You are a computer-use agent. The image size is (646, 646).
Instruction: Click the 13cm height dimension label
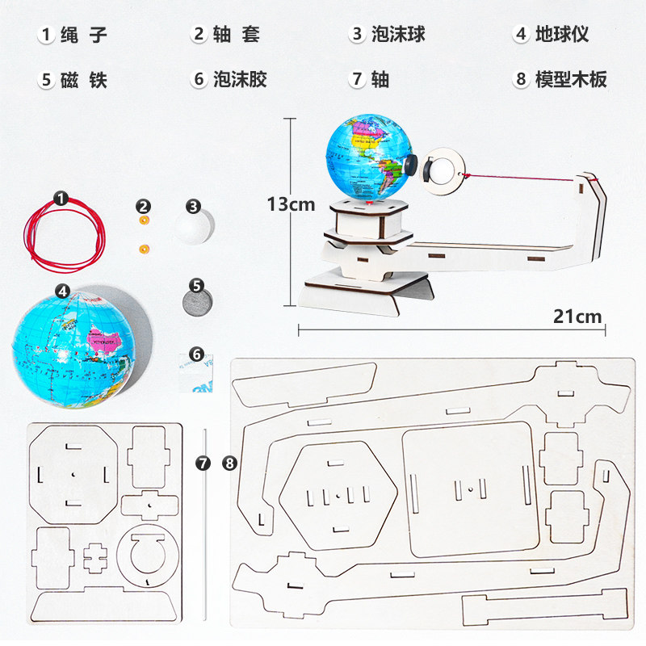(291, 204)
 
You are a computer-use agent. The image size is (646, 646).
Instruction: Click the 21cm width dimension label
(577, 316)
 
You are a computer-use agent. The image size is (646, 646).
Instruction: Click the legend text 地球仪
(563, 35)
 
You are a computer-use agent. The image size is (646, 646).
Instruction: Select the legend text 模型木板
(571, 79)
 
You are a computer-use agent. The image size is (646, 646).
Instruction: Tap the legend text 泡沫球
(398, 35)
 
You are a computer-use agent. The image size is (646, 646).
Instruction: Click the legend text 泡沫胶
(240, 79)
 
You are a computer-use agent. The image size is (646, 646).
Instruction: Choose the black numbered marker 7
(203, 463)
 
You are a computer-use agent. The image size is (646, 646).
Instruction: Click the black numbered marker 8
(230, 463)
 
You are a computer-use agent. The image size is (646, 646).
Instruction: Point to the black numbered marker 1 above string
(61, 197)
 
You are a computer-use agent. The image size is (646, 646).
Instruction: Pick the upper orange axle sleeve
(145, 220)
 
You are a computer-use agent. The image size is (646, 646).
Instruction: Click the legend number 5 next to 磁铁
(46, 79)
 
